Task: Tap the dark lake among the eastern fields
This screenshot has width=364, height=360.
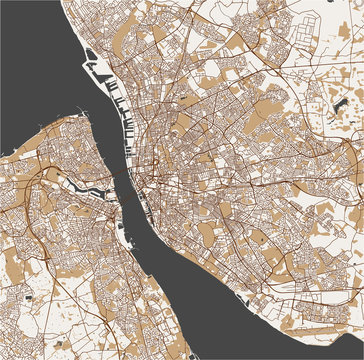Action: [337, 100]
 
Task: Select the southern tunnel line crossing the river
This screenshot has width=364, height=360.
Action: [135, 190]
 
